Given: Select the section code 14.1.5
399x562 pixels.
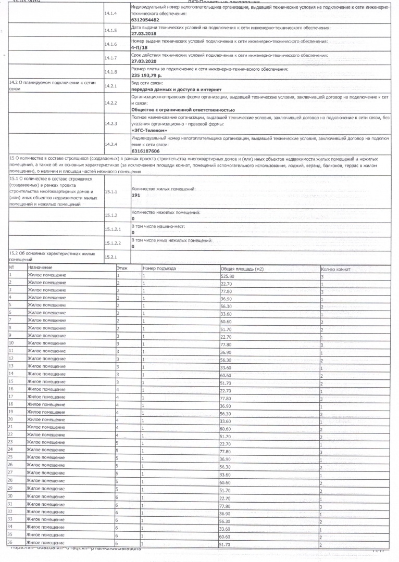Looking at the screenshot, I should (x=110, y=31).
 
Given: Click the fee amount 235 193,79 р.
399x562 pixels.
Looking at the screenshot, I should (x=147, y=75).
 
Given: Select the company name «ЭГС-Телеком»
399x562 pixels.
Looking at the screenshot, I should (x=149, y=130).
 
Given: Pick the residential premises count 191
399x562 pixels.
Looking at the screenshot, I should (x=136, y=194).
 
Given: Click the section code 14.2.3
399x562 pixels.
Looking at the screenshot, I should (x=110, y=123).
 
